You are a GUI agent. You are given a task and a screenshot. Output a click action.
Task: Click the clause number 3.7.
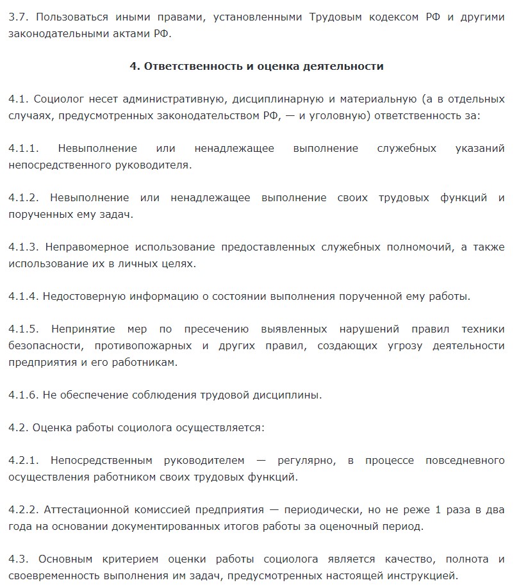click(19, 17)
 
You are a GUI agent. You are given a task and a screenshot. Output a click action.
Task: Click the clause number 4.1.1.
click(24, 149)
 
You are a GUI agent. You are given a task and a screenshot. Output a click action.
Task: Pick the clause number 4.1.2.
click(24, 198)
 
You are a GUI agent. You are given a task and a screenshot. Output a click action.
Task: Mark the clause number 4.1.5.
click(24, 329)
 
